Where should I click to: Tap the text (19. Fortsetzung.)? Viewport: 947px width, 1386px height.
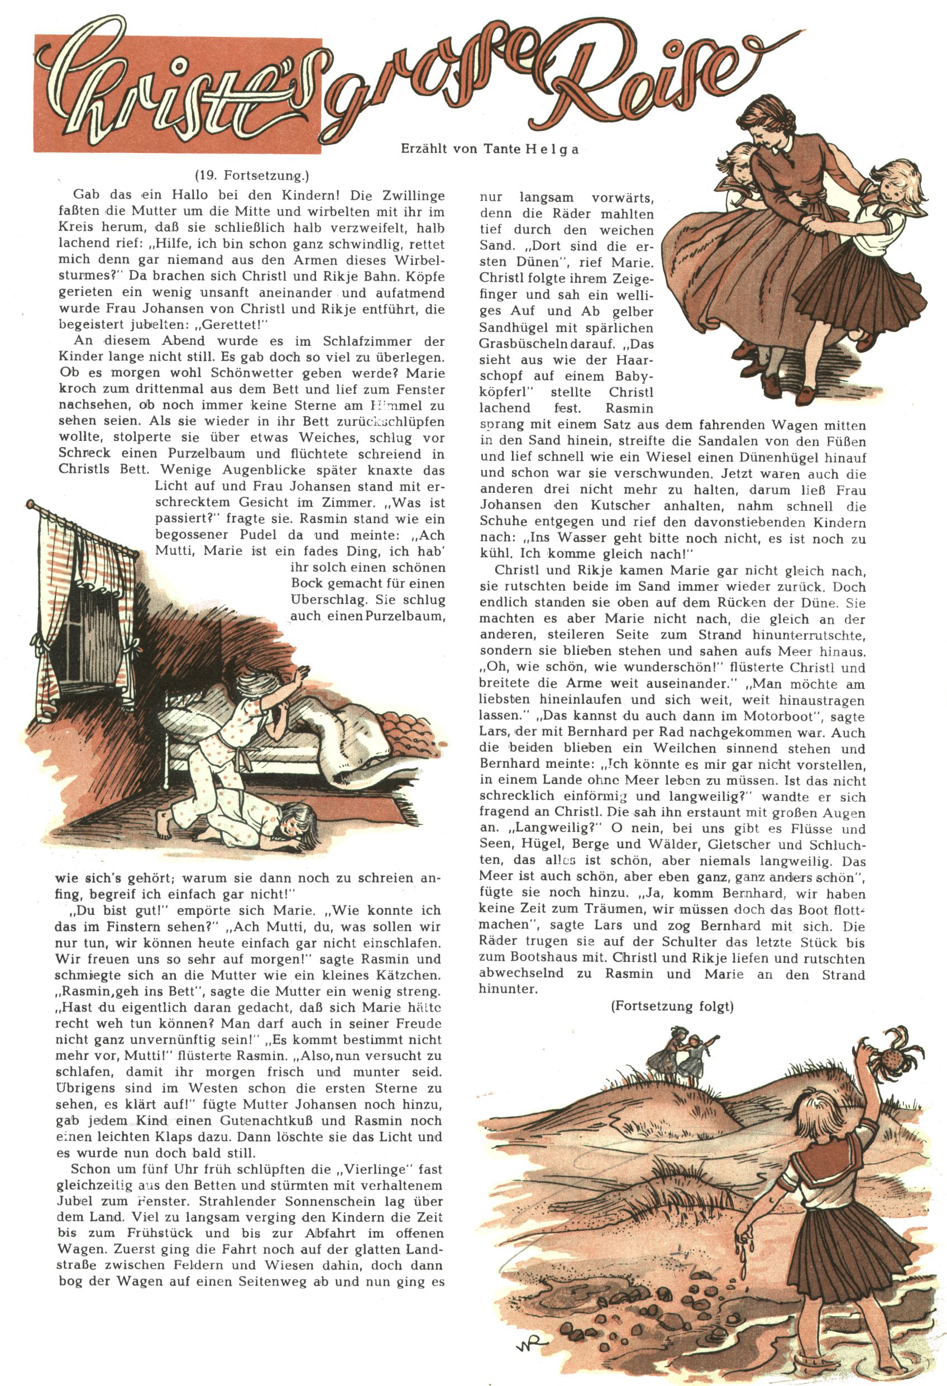[252, 175]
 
